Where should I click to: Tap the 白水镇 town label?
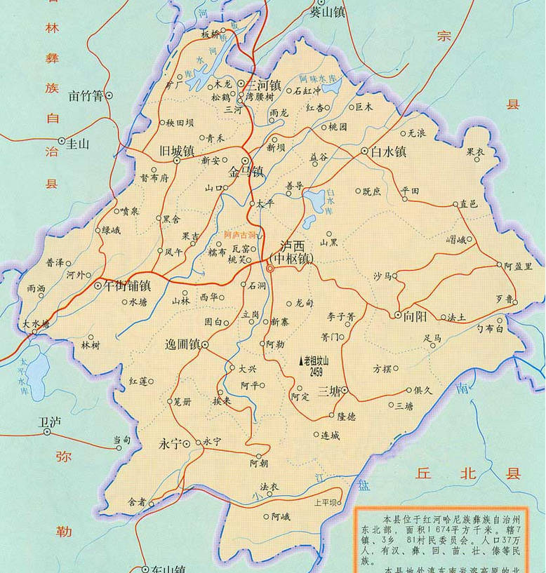[x=389, y=151]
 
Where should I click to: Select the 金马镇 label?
[x=245, y=172]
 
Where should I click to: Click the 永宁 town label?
[x=171, y=443]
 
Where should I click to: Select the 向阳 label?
[x=415, y=316]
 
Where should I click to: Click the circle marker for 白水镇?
[x=365, y=151]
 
